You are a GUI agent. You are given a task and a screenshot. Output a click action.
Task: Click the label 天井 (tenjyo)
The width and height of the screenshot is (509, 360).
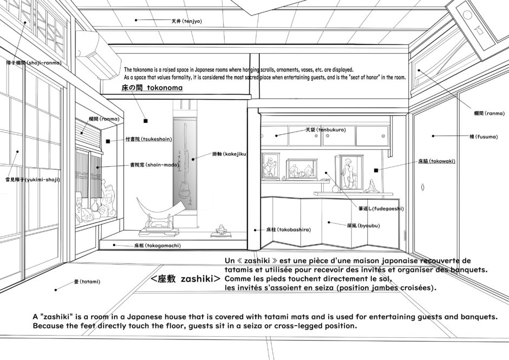(x=186, y=21)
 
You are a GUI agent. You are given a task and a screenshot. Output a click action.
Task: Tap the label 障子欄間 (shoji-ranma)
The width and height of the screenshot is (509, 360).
(x=34, y=63)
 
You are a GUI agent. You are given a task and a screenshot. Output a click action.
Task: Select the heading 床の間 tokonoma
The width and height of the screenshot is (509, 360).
(x=152, y=87)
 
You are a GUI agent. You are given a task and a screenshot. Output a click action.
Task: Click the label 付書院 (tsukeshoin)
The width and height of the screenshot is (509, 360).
(x=148, y=139)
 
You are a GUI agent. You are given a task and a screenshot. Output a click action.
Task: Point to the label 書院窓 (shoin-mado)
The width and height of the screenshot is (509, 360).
(x=150, y=165)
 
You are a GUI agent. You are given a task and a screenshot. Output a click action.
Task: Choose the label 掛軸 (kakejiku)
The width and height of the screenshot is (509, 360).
(x=229, y=154)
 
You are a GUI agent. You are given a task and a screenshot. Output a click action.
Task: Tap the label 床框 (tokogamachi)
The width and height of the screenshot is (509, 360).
(x=157, y=245)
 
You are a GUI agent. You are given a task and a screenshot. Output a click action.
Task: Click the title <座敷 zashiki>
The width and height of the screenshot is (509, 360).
(x=185, y=279)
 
